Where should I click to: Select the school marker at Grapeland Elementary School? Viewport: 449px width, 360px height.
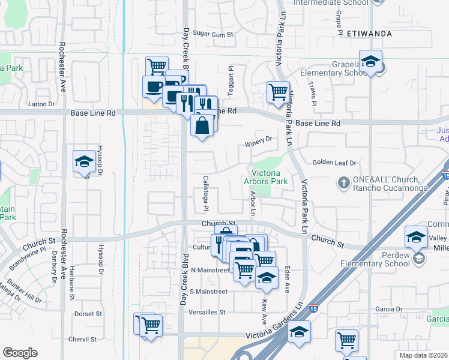[371, 62]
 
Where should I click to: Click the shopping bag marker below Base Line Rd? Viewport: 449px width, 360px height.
[203, 125]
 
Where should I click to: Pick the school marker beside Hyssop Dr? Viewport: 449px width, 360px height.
[84, 161]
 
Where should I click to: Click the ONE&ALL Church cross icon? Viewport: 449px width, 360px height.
[344, 181]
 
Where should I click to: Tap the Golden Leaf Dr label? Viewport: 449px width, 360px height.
[334, 163]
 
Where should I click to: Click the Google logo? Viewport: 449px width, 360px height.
[20, 353]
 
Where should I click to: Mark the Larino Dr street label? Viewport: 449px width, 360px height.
[41, 104]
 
